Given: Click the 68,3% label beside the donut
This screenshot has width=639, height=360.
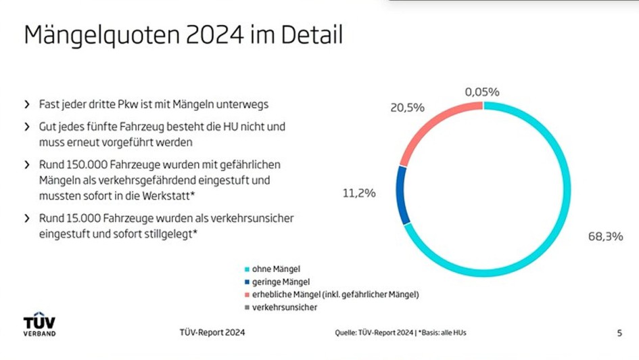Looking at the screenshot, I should (605, 237).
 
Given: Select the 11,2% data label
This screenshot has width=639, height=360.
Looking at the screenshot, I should (359, 193).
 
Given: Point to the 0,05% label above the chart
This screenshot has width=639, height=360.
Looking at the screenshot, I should (481, 91).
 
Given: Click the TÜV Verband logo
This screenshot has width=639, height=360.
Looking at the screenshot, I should (39, 325).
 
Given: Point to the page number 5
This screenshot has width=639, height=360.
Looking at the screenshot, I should (619, 332).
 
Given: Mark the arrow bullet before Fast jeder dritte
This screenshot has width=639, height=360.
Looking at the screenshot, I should (27, 105).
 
